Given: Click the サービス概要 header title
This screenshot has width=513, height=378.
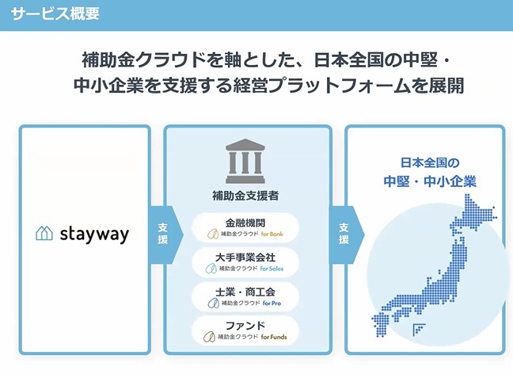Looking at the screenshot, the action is (x=55, y=13).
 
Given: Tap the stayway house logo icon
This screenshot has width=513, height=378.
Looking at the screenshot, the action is (x=44, y=233).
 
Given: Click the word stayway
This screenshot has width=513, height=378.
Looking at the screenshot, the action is (x=94, y=235).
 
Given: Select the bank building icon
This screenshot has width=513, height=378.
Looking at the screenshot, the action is (x=245, y=161).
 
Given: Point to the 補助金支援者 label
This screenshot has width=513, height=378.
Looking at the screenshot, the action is (x=245, y=196).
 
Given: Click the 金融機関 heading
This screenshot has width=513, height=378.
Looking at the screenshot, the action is (x=245, y=223).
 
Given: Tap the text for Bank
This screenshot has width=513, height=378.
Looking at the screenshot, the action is (x=272, y=234).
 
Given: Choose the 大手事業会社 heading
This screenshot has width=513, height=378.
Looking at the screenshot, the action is (x=245, y=258).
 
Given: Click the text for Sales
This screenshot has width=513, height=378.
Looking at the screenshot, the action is (x=272, y=269).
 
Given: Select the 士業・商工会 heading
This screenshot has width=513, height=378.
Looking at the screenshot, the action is (x=245, y=292).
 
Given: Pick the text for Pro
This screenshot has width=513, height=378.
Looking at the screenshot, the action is (x=272, y=304).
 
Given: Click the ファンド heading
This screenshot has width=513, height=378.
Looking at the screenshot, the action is (x=245, y=326).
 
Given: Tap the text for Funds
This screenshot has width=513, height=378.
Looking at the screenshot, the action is (x=274, y=337).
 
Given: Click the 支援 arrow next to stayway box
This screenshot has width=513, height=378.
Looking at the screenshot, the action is (x=166, y=235).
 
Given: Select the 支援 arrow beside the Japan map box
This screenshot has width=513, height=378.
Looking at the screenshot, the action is (x=347, y=235).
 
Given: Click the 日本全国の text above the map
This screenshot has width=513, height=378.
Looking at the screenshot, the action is (x=430, y=162).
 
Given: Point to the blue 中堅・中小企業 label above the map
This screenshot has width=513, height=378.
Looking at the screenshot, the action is (x=430, y=181).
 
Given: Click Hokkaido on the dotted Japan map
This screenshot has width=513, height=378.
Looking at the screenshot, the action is (x=473, y=215).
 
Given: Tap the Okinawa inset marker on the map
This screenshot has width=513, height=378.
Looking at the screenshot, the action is (x=419, y=330).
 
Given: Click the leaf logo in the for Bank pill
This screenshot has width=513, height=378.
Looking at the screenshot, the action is (x=213, y=234).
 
